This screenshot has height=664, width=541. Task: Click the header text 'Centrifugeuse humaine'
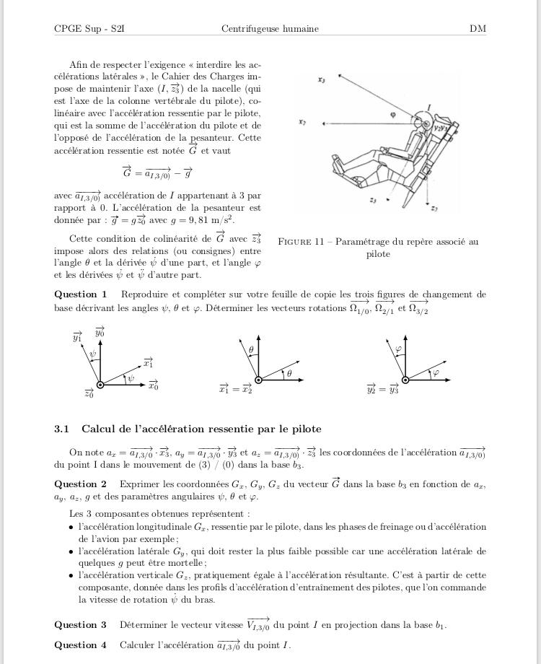tap(270, 29)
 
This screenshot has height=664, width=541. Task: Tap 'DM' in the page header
tap(478, 29)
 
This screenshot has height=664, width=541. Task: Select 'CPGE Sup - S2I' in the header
tap(84, 29)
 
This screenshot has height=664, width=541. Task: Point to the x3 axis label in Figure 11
tap(321, 80)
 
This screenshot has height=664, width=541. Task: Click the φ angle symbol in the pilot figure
tap(392, 114)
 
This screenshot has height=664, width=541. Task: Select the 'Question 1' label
tap(81, 294)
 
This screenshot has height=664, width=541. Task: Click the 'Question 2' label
tap(81, 484)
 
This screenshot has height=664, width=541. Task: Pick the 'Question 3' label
tap(81, 625)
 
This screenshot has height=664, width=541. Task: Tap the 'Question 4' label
tap(81, 645)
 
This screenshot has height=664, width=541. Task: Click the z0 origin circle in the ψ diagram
tap(100, 385)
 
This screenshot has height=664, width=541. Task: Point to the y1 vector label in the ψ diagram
tap(77, 337)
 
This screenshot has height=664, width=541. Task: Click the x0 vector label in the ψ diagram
tap(153, 386)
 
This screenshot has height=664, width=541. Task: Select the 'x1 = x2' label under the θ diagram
tap(236, 390)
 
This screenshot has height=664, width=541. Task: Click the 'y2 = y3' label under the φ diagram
tap(382, 390)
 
